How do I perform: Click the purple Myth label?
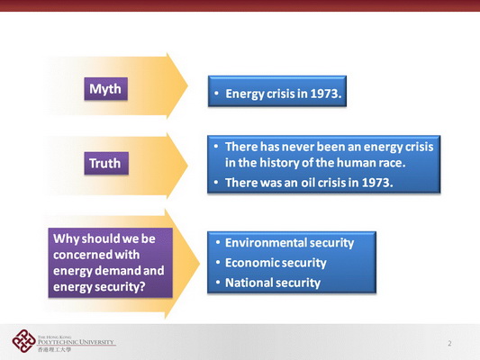[x=106, y=89]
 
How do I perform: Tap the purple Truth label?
[x=106, y=163]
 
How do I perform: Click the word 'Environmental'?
[x=266, y=243]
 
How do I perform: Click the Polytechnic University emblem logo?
[x=23, y=341]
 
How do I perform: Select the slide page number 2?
[x=449, y=344]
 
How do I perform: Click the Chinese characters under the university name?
[x=55, y=349]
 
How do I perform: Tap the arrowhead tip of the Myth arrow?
[x=187, y=85]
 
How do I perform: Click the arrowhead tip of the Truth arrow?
[x=187, y=166]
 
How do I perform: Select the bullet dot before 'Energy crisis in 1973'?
[x=216, y=93]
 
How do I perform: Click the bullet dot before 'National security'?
[x=218, y=283]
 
